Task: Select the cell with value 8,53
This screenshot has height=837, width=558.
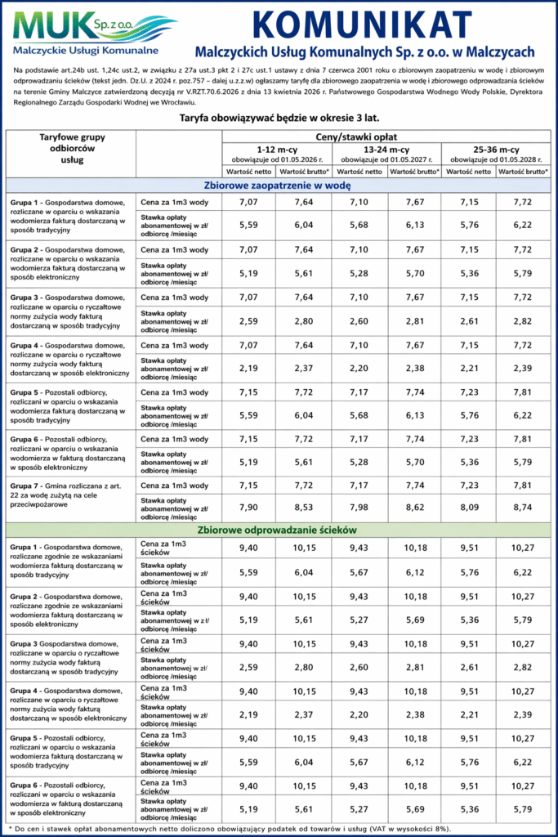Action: [303, 508]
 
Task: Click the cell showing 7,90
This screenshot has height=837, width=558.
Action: [248, 508]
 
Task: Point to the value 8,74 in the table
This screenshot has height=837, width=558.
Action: [522, 508]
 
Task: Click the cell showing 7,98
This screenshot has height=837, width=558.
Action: [358, 508]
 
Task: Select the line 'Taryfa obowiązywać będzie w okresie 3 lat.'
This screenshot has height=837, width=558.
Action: [279, 119]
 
